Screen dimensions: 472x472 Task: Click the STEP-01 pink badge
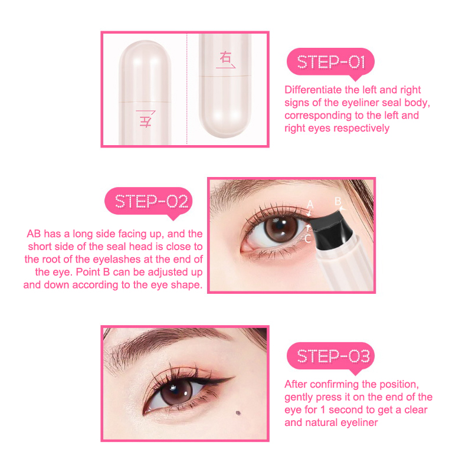pos(330,63)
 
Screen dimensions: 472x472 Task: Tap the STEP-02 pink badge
pos(149,202)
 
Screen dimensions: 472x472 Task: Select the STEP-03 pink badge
pos(330,357)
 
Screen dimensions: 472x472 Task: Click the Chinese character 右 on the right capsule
pos(225,57)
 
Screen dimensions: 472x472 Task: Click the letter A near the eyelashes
pos(310,205)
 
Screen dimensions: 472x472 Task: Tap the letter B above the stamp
pos(337,201)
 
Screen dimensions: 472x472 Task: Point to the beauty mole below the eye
pos(238,412)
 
